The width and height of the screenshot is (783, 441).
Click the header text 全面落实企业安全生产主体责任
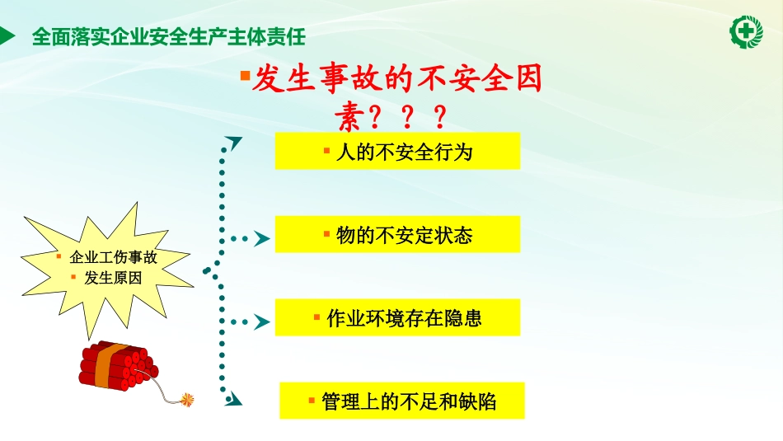tap(168, 36)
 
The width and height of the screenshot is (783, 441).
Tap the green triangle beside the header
tap(7, 36)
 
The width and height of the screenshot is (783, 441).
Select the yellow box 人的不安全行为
tap(397, 152)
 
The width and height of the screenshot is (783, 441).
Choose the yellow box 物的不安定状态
tap(397, 235)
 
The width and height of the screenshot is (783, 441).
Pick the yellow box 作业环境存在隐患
tap(397, 318)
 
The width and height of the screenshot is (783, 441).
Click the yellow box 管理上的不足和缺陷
tap(402, 401)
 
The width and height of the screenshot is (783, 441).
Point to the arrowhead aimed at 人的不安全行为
tap(235, 143)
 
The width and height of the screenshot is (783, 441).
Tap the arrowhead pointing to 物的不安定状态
tap(261, 239)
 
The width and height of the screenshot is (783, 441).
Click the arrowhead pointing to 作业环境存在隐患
tap(261, 322)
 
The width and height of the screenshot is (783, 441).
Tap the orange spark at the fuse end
tap(189, 400)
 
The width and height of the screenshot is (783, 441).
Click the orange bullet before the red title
tap(244, 76)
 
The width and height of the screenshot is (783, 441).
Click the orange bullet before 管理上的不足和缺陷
tap(312, 401)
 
